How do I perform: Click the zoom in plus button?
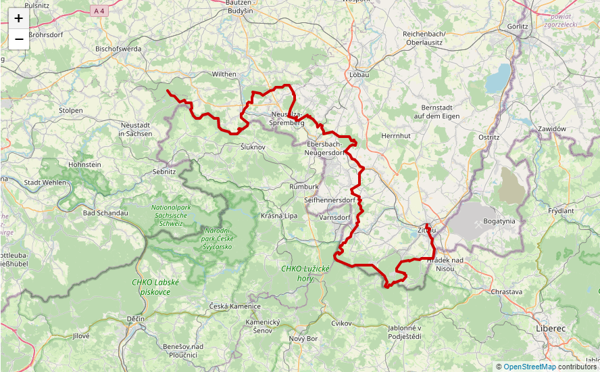click(18, 18)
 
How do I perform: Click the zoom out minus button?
click(18, 39)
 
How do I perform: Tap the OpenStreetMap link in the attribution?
click(529, 367)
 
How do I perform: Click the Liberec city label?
click(550, 327)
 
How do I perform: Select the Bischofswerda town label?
click(118, 49)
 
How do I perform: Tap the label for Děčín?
click(135, 318)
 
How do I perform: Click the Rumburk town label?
click(303, 186)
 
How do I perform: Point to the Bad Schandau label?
click(105, 212)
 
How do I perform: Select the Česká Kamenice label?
click(234, 306)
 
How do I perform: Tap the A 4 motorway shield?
click(99, 11)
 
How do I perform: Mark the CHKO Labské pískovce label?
click(155, 286)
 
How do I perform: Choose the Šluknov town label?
click(253, 146)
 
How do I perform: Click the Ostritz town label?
click(488, 137)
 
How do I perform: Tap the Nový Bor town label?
click(303, 338)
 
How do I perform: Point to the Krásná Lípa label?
click(279, 215)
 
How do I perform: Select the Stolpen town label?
click(71, 110)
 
